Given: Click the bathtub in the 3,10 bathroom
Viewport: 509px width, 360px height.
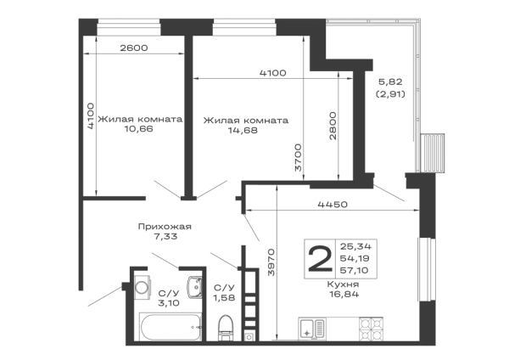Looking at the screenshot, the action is tap(171, 326).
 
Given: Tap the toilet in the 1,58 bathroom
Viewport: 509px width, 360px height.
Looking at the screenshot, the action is tap(226, 328).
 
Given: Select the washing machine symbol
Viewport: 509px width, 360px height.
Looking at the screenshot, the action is tap(143, 287).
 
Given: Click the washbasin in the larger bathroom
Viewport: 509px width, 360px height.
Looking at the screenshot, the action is tap(195, 287).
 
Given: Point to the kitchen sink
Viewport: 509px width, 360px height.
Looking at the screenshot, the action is tap(311, 329).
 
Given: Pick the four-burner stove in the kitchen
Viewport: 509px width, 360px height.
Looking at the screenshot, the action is tap(371, 329).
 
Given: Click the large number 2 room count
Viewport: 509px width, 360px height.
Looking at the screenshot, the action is tap(321, 258).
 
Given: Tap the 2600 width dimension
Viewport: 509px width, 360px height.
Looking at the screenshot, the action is tap(134, 48).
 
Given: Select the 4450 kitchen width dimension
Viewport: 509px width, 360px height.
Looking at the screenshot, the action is tap(333, 205).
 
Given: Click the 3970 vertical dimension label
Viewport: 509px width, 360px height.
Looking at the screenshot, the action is tap(271, 262).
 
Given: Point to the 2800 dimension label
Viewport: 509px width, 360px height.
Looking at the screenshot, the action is tap(333, 126).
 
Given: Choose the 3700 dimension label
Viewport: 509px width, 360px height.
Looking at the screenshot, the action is tap(298, 158).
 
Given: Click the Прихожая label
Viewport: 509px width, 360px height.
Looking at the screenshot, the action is tap(165, 227).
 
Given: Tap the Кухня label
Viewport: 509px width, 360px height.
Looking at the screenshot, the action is tap(343, 284).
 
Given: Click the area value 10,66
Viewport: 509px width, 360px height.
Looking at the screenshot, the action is tap(138, 129).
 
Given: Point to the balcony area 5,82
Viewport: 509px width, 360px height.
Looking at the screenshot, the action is tap(390, 82).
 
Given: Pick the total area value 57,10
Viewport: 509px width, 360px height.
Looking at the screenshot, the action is tap(354, 270).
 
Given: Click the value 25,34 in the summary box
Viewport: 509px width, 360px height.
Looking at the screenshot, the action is tap(355, 246).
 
